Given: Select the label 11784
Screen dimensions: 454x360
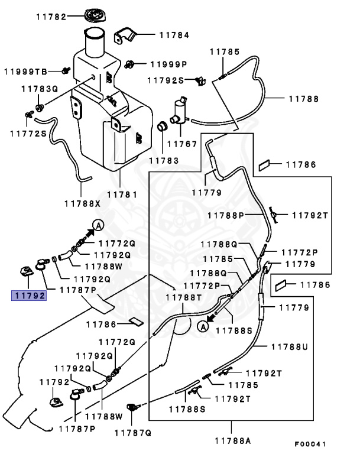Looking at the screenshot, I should (174, 35).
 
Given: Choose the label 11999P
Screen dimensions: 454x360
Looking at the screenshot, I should (168, 64).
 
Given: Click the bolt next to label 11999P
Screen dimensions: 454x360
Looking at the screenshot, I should (134, 62).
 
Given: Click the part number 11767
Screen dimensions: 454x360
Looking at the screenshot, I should (181, 144).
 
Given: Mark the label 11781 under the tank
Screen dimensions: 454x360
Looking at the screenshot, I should (122, 194).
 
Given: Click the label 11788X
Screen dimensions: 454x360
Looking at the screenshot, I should (83, 203).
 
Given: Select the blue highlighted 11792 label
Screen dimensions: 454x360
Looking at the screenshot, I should (30, 295).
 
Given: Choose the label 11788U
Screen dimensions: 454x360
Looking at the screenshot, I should (290, 347).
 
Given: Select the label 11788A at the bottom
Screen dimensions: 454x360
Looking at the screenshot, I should (232, 440).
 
